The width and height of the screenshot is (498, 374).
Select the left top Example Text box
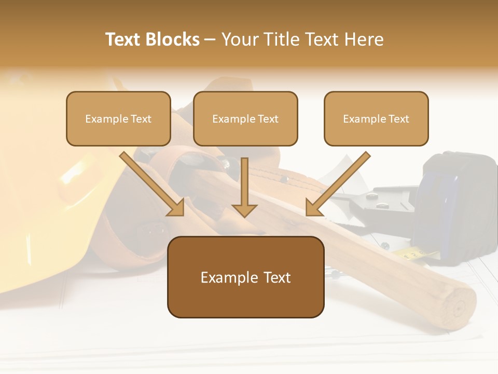click(118, 119)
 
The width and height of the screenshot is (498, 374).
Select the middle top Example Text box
click(245, 119)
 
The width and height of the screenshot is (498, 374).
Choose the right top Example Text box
click(376, 119)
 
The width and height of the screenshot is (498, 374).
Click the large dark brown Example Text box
click(245, 277)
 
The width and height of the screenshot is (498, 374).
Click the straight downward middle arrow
click(244, 187)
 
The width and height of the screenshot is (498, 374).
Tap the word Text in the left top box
click(141, 119)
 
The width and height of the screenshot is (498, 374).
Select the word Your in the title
click(241, 39)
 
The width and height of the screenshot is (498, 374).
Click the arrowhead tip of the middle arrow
click(244, 216)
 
